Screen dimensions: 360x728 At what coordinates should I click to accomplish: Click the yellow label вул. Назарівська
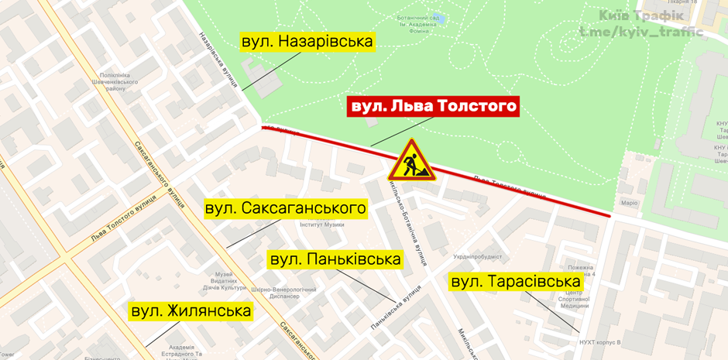[307, 42]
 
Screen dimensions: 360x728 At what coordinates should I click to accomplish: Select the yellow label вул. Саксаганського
[285, 208]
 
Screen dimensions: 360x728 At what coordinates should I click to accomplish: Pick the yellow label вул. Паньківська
[335, 259]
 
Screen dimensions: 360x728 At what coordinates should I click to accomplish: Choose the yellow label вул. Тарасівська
[515, 282]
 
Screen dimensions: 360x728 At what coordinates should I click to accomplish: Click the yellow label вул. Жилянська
[191, 311]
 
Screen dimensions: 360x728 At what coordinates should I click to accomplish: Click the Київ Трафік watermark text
[640, 15]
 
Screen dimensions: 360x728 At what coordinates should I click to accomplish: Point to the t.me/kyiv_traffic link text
[640, 33]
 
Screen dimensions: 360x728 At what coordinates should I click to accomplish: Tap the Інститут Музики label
[322, 225]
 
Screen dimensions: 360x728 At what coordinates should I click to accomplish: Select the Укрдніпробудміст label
[478, 256]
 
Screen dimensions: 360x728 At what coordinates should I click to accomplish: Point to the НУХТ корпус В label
[600, 341]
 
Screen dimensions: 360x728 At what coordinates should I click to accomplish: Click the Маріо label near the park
[629, 203]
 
